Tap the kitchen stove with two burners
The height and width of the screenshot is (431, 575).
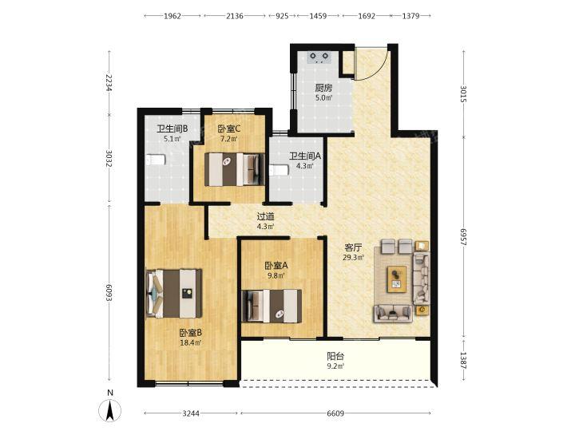click(x=319, y=57)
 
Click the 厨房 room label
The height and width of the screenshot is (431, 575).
click(x=323, y=89)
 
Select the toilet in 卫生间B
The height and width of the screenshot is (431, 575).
click(x=155, y=160)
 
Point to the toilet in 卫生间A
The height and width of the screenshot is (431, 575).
click(x=279, y=171)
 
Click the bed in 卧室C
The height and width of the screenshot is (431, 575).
click(x=234, y=169)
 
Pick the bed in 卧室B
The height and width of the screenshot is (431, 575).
click(x=174, y=294)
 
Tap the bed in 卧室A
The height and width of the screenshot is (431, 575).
click(x=272, y=306)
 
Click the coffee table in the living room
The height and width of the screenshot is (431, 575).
click(x=397, y=279)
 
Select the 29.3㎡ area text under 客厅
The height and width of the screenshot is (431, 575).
click(x=353, y=258)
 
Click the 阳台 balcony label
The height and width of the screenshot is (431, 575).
click(x=335, y=356)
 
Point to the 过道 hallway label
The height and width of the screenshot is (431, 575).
click(x=265, y=217)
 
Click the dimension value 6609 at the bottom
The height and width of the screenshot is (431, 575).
click(x=335, y=413)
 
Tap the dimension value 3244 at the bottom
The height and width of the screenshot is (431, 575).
click(x=191, y=413)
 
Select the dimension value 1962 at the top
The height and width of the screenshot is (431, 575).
click(x=172, y=16)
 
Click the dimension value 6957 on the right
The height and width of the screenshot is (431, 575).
click(x=463, y=237)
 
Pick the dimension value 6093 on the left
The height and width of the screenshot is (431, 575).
click(x=109, y=292)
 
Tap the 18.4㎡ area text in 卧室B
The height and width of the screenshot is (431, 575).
click(x=191, y=343)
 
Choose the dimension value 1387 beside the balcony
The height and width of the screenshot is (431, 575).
click(x=463, y=361)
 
